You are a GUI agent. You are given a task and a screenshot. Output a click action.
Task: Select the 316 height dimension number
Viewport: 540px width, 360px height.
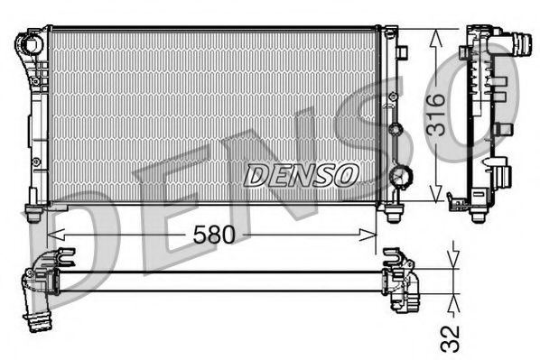click(436, 115)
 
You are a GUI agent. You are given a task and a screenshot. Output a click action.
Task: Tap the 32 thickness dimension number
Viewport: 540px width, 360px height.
click(452, 337)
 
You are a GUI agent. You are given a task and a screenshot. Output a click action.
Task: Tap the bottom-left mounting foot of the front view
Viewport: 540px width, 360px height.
click(33, 214)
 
